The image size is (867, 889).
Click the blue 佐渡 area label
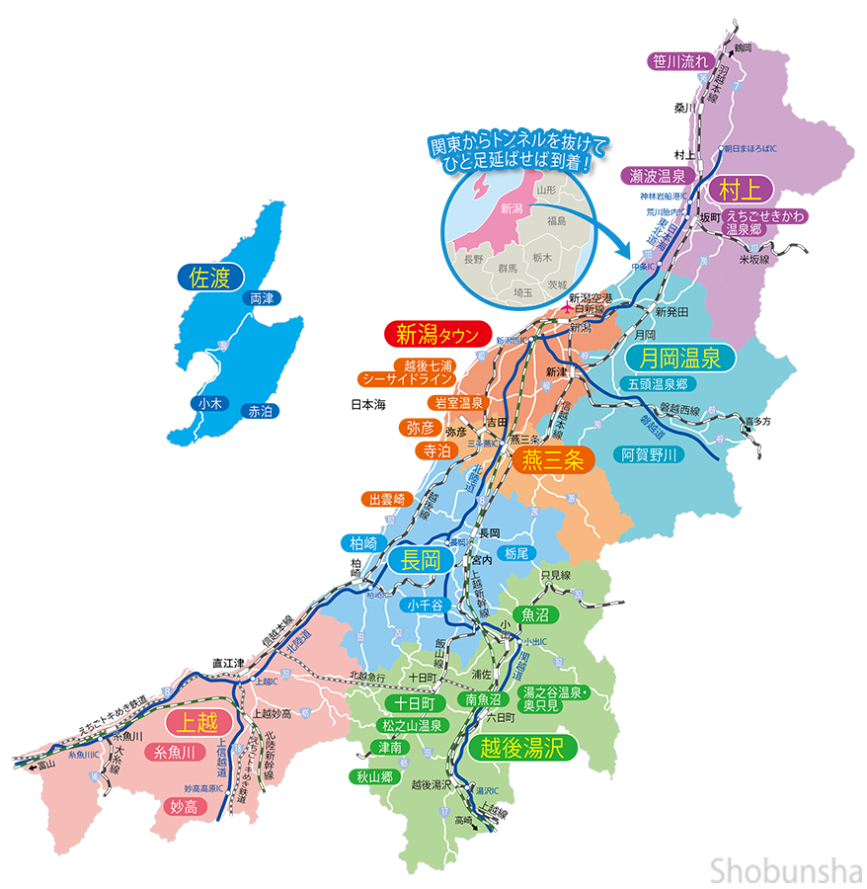point(210,276)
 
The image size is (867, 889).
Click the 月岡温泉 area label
point(679,357)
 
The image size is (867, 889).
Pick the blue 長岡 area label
point(420,561)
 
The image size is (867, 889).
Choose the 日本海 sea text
point(367,404)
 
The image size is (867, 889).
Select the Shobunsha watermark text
point(785,869)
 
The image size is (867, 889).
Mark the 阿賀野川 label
point(650,454)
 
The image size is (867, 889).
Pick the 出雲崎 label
point(387,499)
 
